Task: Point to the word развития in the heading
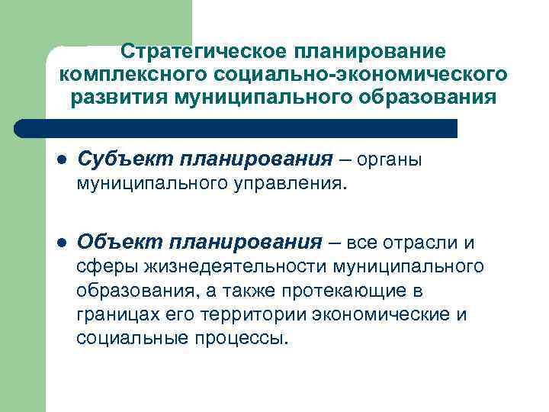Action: pyautogui.click(x=119, y=98)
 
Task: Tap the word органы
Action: pyautogui.click(x=389, y=160)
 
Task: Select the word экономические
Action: pyautogui.click(x=389, y=314)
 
